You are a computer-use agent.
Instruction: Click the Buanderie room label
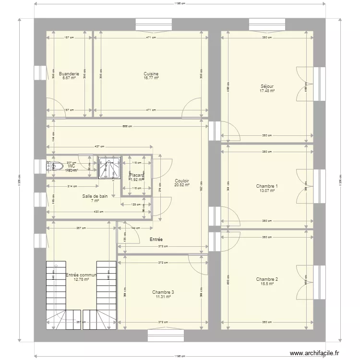click(x=69, y=74)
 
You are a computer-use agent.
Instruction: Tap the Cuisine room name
click(x=151, y=74)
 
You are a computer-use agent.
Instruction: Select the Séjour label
click(x=267, y=87)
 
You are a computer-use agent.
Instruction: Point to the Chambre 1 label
click(x=267, y=186)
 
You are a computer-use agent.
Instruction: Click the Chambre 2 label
click(x=267, y=279)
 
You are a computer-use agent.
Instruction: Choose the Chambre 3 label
click(x=163, y=292)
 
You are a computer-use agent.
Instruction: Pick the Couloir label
click(x=182, y=181)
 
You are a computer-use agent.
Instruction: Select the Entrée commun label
click(x=81, y=275)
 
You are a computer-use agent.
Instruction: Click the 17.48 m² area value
click(x=267, y=91)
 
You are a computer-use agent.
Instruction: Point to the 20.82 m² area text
click(x=182, y=185)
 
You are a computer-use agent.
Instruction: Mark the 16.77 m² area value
click(x=151, y=78)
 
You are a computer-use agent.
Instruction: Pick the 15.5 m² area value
click(x=267, y=284)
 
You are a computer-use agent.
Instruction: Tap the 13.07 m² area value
click(x=267, y=191)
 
